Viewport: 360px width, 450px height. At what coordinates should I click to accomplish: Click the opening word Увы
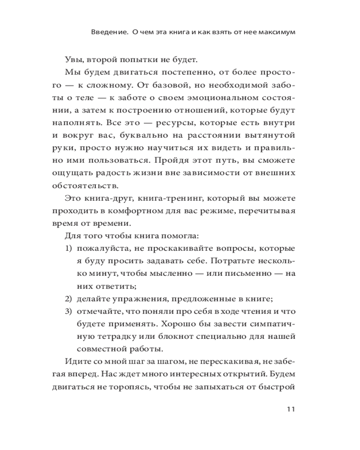73,60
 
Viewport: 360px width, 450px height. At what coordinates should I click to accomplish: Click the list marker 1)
68,248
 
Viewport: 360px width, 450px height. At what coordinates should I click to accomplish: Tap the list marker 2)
68,298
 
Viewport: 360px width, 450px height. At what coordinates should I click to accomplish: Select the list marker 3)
68,311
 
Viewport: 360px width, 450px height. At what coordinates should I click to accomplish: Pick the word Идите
77,361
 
